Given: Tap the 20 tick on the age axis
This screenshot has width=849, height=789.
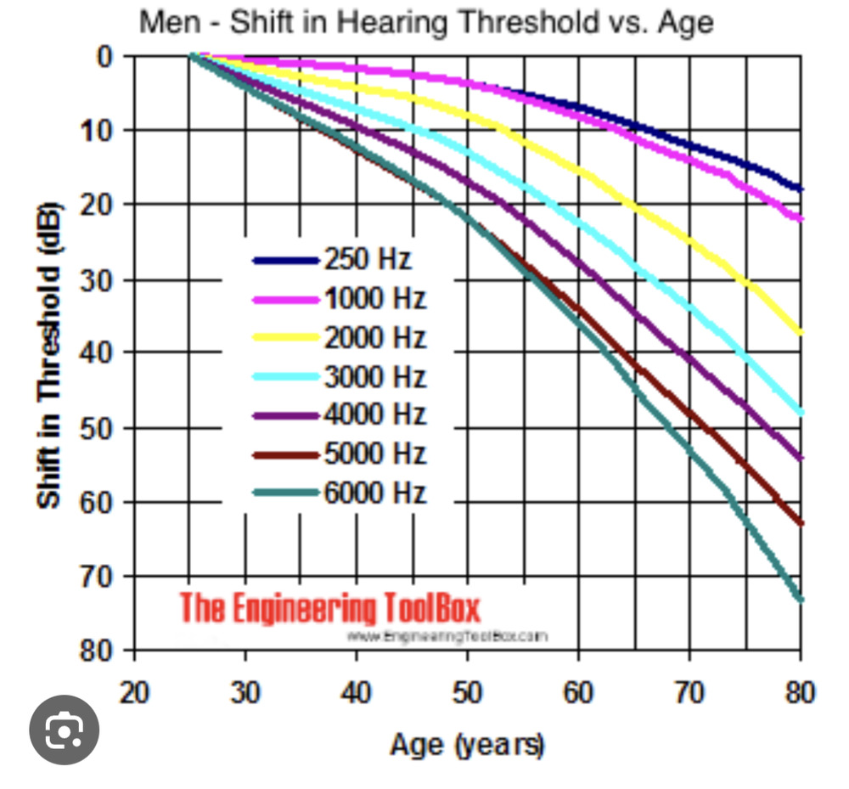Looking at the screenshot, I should click(x=134, y=693).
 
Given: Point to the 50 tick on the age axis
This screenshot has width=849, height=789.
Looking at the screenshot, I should click(x=467, y=693).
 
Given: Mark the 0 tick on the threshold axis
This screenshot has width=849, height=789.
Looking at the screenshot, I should click(x=104, y=57).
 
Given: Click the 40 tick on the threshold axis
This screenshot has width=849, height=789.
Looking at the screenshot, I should click(x=96, y=352).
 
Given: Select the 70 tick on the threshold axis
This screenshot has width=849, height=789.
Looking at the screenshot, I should click(x=96, y=576).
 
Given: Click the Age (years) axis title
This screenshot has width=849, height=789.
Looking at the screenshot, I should click(x=467, y=745).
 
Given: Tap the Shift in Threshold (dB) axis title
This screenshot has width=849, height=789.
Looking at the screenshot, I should click(x=49, y=355).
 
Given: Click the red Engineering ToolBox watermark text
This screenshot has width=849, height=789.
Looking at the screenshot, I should click(x=329, y=608).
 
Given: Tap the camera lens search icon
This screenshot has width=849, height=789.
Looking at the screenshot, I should click(x=65, y=730).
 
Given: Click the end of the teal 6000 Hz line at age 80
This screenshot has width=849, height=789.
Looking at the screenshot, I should click(x=800, y=600).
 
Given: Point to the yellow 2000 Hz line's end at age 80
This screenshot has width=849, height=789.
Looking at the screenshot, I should click(x=800, y=332).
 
